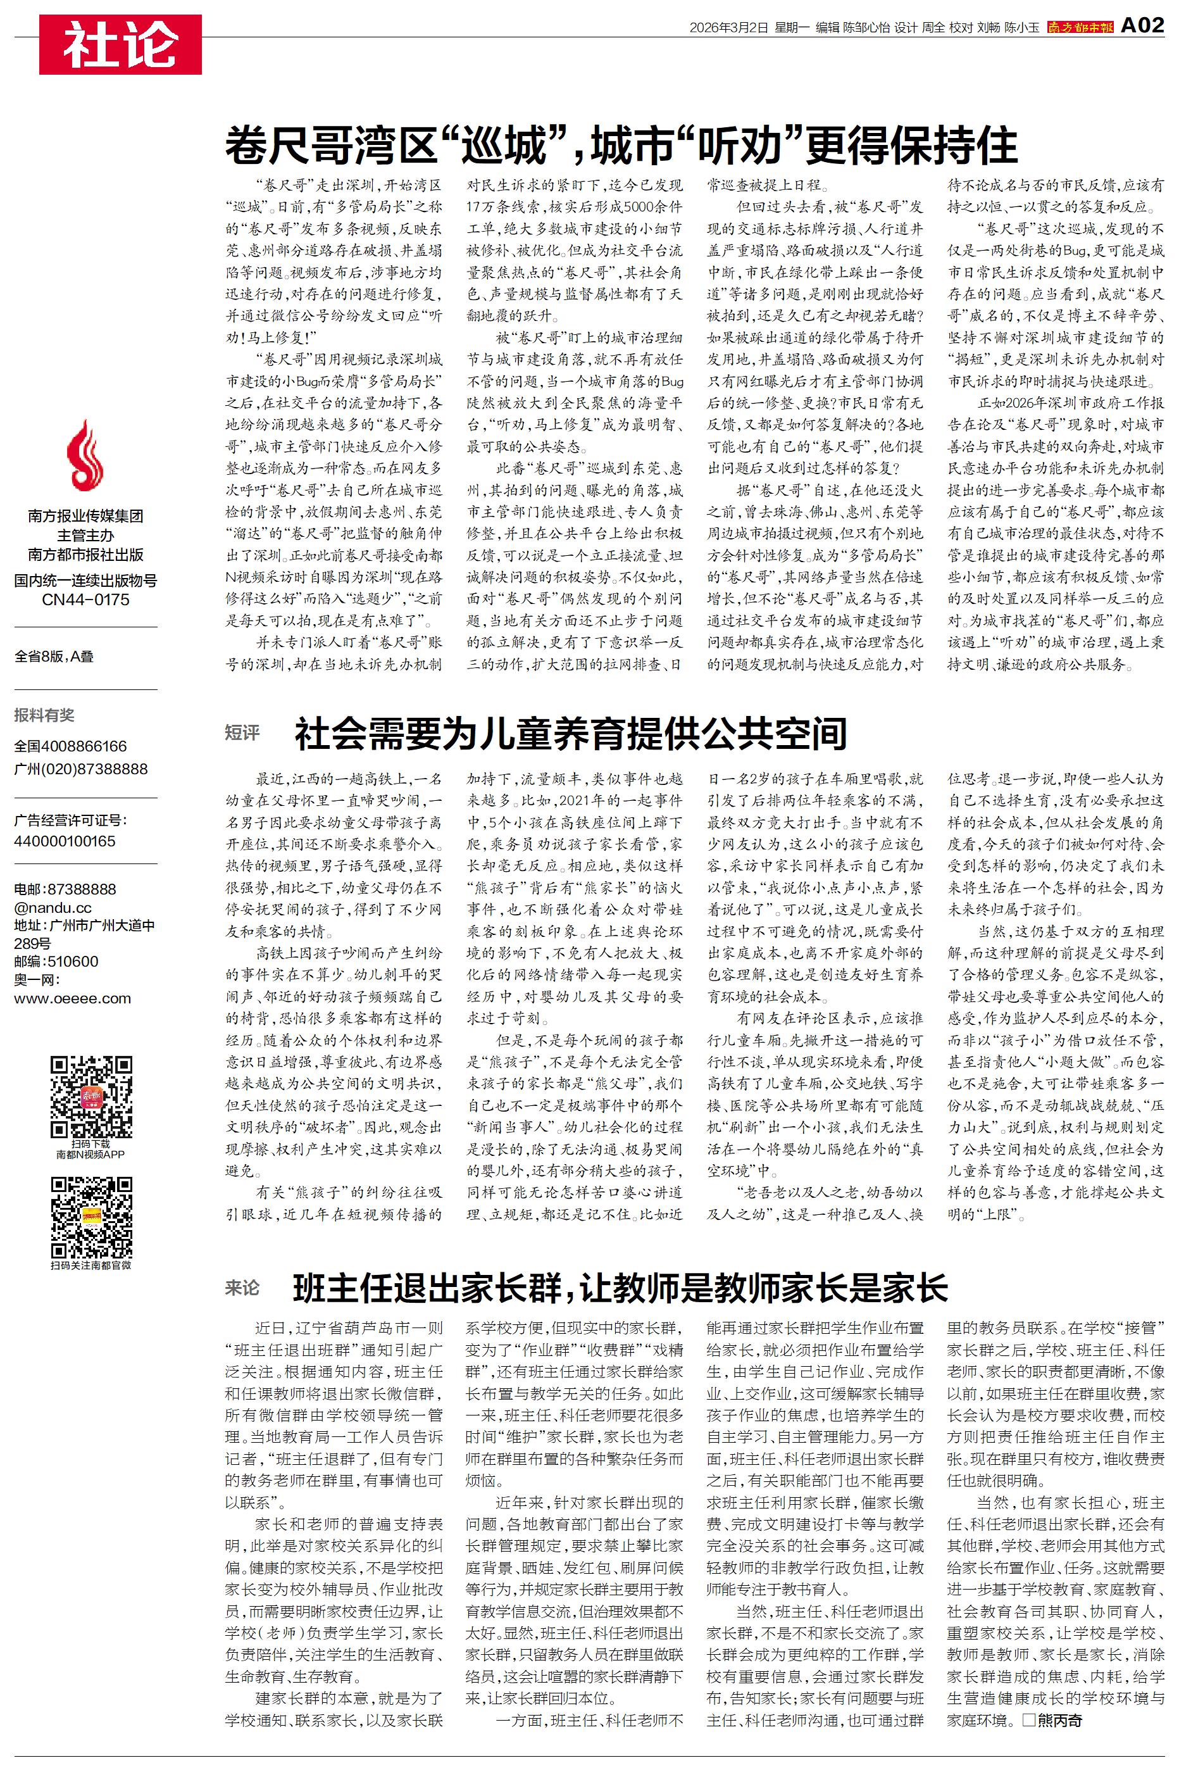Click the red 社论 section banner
120,44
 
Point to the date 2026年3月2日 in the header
728,28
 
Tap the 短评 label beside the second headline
242,732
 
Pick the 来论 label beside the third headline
242,1287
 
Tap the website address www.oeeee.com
72,998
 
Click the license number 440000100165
65,841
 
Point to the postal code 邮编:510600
56,962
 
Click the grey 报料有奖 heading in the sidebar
44,715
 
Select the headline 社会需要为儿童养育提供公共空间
571,734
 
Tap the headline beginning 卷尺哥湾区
621,146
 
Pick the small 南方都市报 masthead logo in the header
1080,27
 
